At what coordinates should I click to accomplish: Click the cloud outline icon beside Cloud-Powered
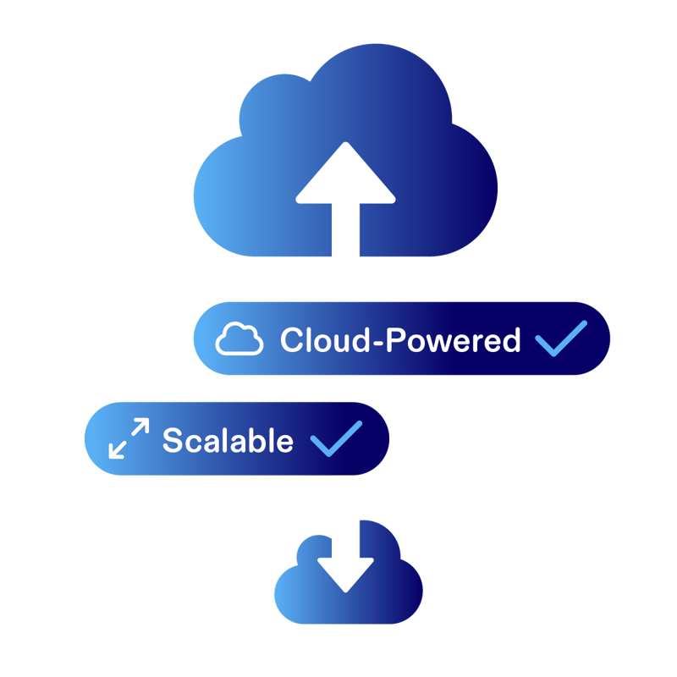pos(239,339)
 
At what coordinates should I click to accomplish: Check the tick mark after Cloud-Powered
pos(560,338)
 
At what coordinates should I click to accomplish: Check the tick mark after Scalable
pos(336,438)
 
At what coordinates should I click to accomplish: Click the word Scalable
pos(228,440)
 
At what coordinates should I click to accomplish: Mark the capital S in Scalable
pos(172,440)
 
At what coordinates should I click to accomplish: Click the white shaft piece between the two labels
pos(345,388)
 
